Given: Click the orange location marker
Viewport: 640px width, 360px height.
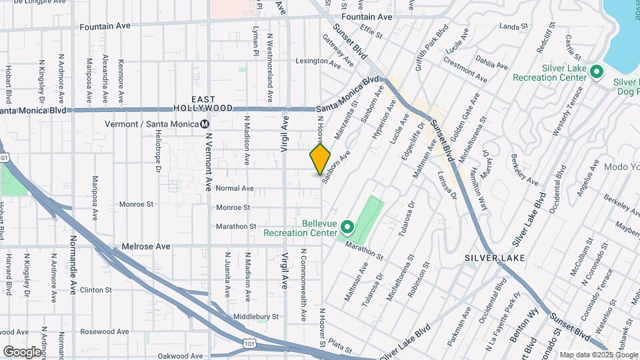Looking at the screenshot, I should [320, 159].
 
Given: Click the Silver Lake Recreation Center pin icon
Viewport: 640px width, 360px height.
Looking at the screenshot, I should [597, 71].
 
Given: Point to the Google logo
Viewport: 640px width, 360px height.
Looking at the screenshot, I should [22, 351].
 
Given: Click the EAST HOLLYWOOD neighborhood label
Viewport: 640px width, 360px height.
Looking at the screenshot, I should [203, 103].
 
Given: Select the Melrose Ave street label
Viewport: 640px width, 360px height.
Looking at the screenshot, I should [145, 247].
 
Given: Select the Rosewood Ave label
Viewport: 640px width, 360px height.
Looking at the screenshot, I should [103, 331].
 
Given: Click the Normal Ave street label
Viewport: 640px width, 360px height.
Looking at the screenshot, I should [235, 189].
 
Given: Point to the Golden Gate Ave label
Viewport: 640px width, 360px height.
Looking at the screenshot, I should [464, 116].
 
